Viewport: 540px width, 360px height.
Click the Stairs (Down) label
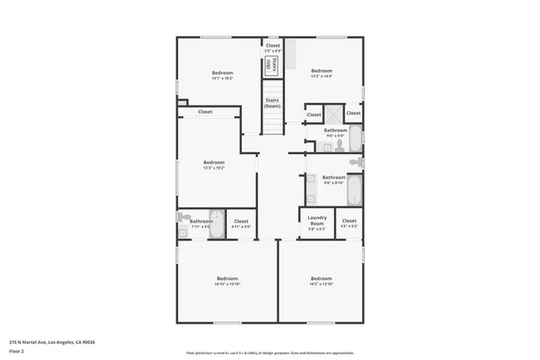click(x=272, y=103)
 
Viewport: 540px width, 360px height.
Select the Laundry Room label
click(x=316, y=220)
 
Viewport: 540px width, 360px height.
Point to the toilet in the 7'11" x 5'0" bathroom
click(x=184, y=218)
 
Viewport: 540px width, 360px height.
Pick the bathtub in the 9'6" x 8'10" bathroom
click(x=354, y=188)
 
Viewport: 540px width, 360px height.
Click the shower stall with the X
click(x=333, y=114)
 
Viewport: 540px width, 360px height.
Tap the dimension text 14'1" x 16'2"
click(x=222, y=77)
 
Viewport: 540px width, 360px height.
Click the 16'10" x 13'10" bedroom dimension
click(x=227, y=284)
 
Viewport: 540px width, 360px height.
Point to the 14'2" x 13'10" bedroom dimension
click(x=321, y=284)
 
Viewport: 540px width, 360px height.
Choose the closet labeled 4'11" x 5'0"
click(x=241, y=224)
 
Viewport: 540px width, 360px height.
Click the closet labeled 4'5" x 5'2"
click(x=349, y=223)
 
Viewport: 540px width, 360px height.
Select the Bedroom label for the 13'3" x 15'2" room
click(x=213, y=162)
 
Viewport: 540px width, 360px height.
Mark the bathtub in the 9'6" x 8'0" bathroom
click(x=354, y=137)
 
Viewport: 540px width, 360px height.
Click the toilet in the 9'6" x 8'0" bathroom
click(x=337, y=144)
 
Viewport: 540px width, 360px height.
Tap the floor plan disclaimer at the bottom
click(x=270, y=352)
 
